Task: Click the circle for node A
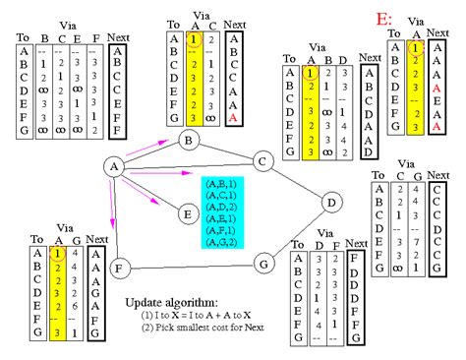pos(115,168)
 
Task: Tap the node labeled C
pos(262,161)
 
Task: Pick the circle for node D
pos(331,203)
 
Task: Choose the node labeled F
pos(118,267)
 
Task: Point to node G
pos(262,263)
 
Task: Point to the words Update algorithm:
pos(172,303)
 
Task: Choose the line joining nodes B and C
pos(225,151)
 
